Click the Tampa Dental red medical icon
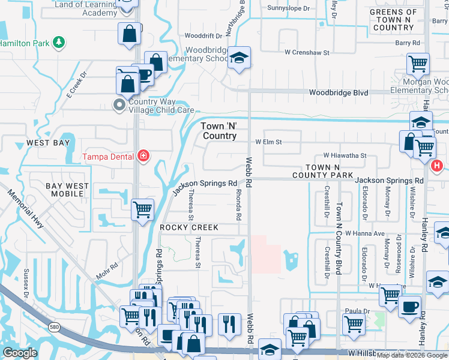pos(143,157)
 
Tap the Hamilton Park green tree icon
pos(59,42)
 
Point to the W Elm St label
pos(268,142)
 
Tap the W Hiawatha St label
pos(345,155)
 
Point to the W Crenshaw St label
pos(307,53)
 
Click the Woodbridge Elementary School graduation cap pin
pos(240,58)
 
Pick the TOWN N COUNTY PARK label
pos(330,170)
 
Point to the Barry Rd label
pos(407,43)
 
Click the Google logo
pos(20,353)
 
